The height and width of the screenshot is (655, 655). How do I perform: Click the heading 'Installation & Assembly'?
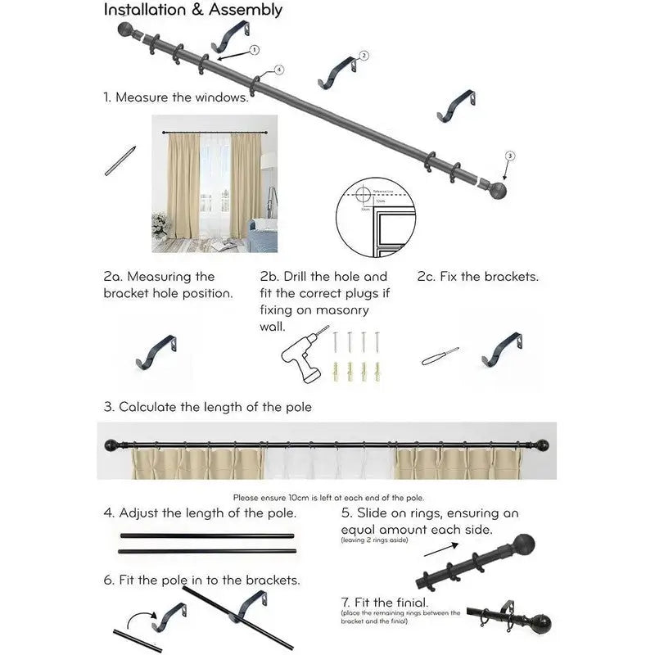(x=192, y=10)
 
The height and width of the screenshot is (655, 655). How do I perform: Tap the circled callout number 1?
(x=254, y=50)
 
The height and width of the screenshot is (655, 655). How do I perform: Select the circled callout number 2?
(x=364, y=56)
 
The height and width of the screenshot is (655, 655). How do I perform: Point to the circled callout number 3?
(x=510, y=156)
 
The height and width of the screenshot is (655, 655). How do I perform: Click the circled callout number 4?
(x=278, y=70)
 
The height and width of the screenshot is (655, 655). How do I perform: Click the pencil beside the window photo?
(x=120, y=160)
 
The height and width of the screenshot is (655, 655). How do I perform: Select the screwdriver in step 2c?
(x=440, y=357)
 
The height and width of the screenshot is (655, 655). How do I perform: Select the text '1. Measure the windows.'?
(x=176, y=97)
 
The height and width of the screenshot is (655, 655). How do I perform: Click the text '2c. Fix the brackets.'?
(x=477, y=277)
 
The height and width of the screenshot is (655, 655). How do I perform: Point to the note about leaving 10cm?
(x=328, y=497)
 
